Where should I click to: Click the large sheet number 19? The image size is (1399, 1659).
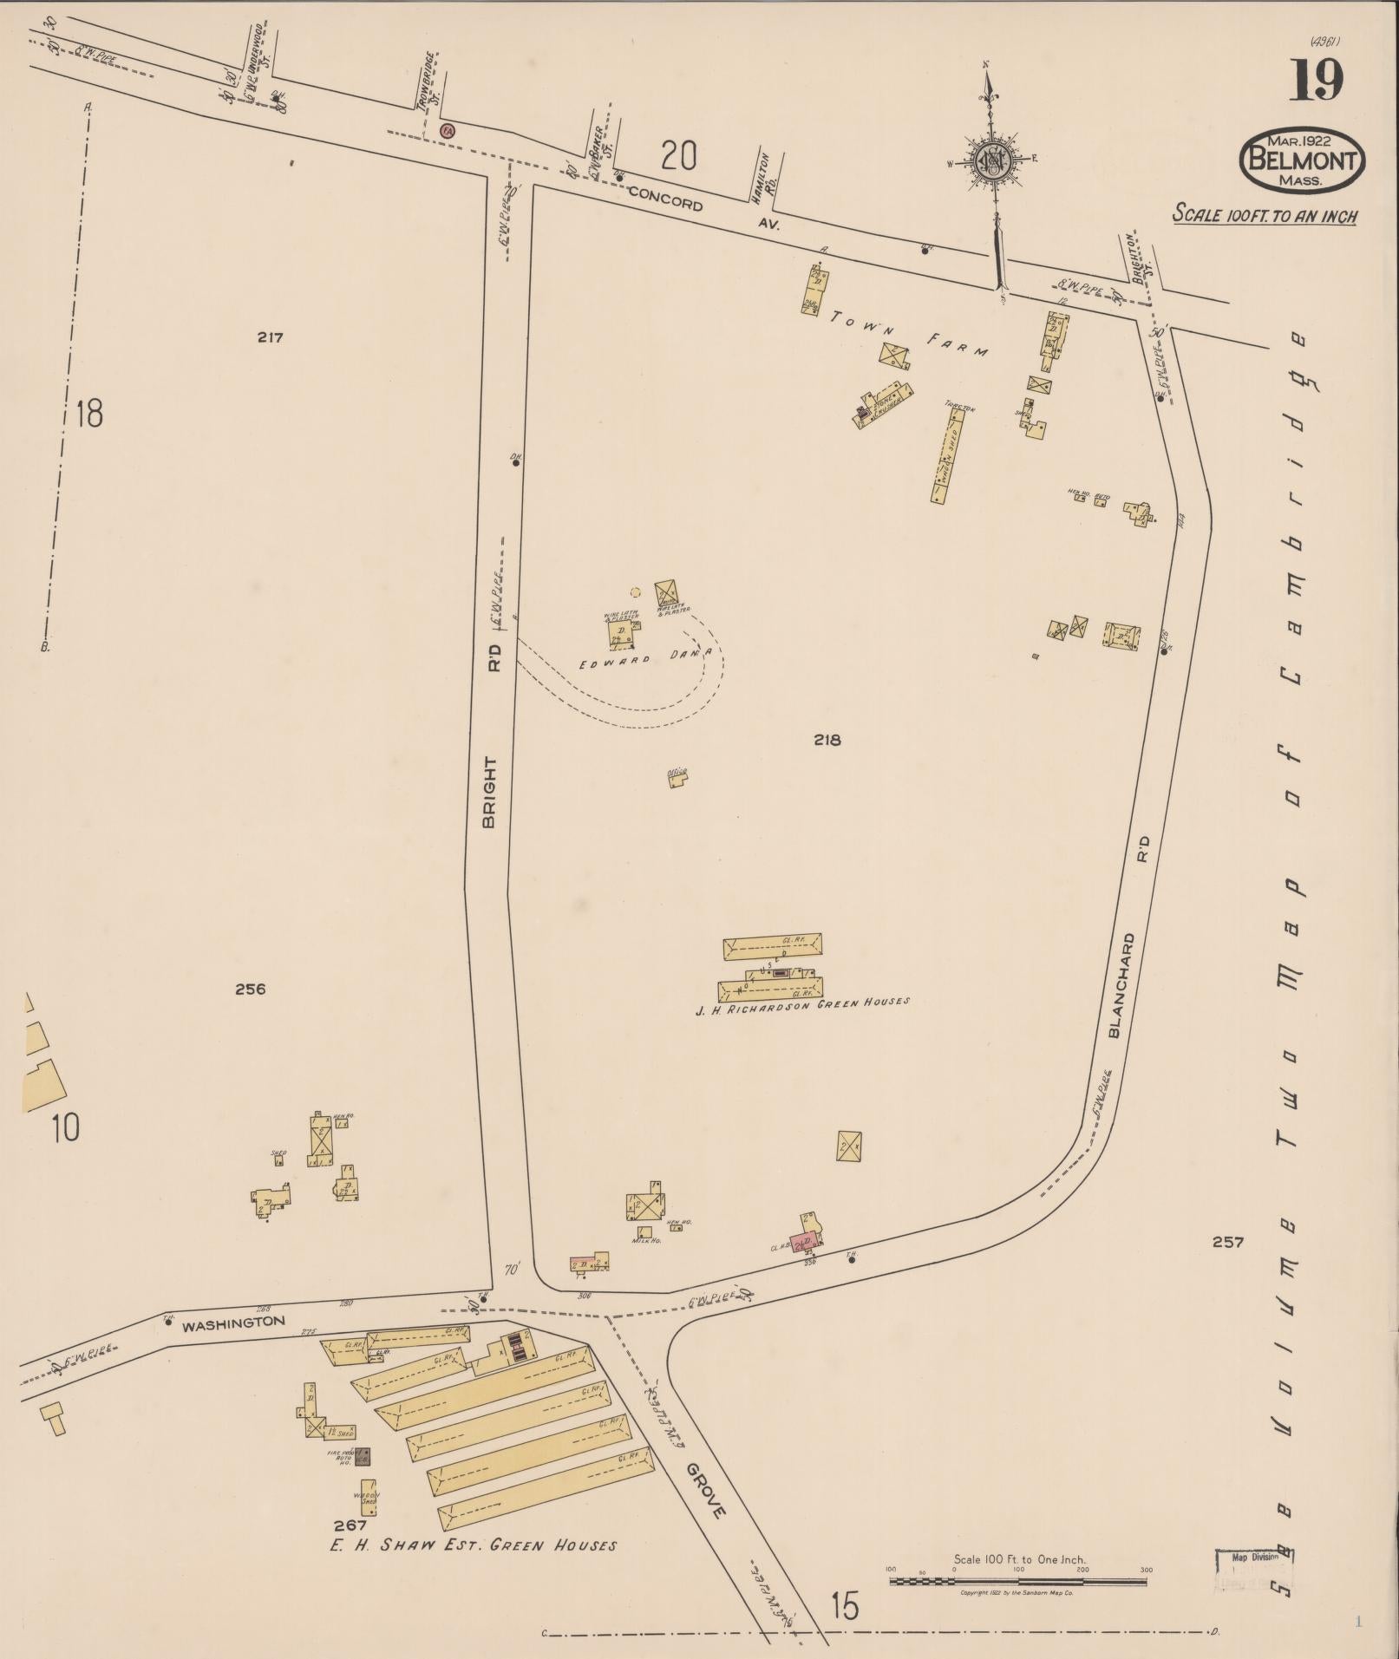(x=1317, y=80)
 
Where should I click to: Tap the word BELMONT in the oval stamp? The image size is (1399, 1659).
(x=1301, y=160)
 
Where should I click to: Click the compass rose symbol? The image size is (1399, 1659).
(x=990, y=160)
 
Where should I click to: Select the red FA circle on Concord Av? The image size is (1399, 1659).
(x=448, y=131)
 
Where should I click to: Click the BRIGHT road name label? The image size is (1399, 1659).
(x=489, y=792)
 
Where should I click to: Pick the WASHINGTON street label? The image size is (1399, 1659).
(x=233, y=1323)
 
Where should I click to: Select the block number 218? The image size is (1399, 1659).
(x=827, y=740)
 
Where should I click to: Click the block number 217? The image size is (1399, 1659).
(x=270, y=337)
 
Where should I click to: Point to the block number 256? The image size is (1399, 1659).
(x=250, y=989)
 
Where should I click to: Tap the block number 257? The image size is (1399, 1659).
(x=1228, y=1242)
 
